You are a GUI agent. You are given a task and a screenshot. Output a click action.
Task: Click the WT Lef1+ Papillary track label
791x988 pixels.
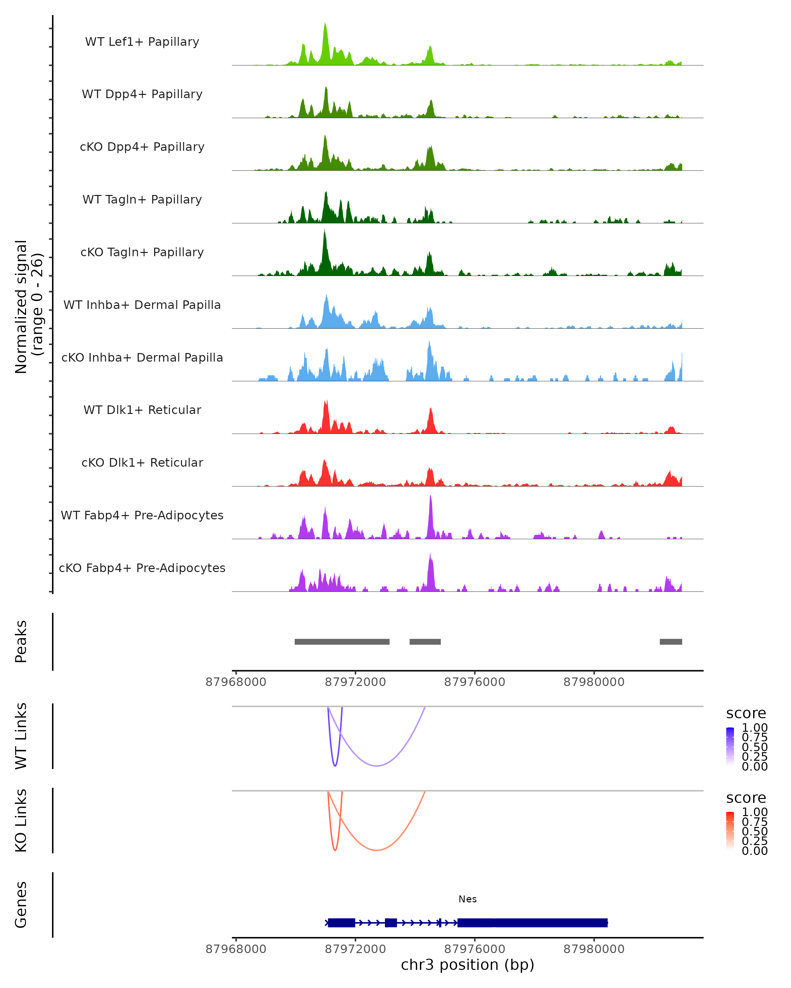coord(142,42)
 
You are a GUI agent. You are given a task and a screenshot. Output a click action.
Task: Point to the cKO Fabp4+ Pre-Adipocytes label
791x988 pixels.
coord(142,568)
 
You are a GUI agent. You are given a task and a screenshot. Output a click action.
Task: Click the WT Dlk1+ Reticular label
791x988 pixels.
coord(142,410)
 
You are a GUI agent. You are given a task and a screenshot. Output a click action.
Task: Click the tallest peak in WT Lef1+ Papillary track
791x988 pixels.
coord(325,24)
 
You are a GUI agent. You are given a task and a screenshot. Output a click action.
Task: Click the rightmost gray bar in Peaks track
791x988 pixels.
coord(670,642)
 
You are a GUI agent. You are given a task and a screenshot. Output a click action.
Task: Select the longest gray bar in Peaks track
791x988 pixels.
coord(342,642)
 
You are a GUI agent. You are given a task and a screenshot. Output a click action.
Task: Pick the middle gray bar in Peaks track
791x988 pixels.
coord(425,642)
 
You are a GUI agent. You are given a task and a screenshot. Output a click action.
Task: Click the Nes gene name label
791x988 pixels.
coord(467,899)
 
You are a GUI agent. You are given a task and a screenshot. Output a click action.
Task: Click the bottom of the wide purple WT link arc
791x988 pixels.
coord(376,766)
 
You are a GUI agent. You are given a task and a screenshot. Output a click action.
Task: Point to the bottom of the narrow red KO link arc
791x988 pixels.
coord(335,850)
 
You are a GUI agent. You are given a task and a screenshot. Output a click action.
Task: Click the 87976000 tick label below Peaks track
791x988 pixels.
coord(475,682)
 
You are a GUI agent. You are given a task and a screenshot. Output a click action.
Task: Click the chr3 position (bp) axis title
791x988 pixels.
coord(467,965)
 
